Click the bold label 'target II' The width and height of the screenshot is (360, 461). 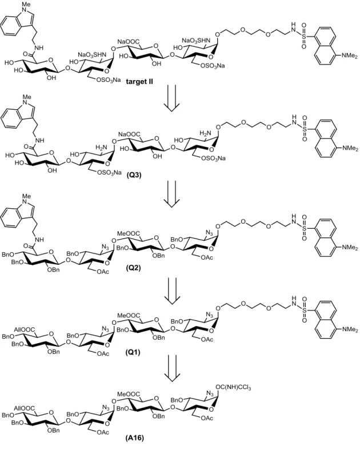click(x=139, y=82)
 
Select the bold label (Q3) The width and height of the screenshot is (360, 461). click(x=134, y=175)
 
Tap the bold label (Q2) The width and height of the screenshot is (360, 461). click(x=133, y=268)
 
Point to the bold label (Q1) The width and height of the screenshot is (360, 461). click(x=133, y=352)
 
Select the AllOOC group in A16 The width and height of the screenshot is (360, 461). click(x=25, y=408)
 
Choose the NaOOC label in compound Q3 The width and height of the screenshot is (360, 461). click(x=129, y=134)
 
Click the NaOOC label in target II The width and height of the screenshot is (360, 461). click(x=129, y=42)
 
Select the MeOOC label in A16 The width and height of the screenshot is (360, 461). click(x=129, y=394)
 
